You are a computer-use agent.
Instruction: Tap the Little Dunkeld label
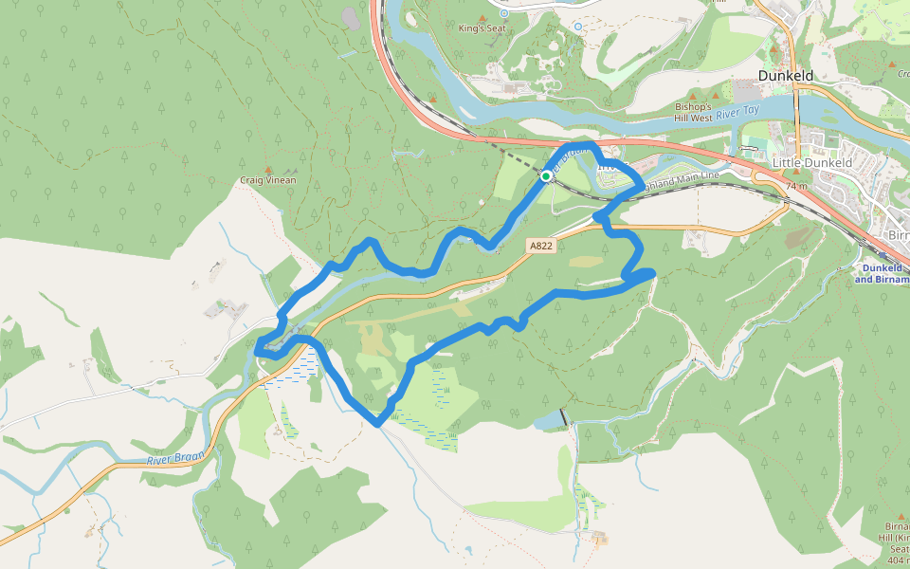pyautogui.click(x=812, y=163)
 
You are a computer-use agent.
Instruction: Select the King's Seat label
pyautogui.click(x=482, y=29)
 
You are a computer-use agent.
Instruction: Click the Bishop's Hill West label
pyautogui.click(x=694, y=112)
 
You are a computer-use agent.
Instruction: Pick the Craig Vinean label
pyautogui.click(x=267, y=180)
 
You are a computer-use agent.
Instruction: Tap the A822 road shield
pyautogui.click(x=540, y=246)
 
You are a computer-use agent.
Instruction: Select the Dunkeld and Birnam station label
pyautogui.click(x=881, y=274)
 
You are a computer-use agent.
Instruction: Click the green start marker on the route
pyautogui.click(x=547, y=176)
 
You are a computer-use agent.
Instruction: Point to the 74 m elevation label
pyautogui.click(x=794, y=187)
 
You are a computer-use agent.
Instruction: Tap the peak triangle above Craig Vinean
pyautogui.click(x=267, y=168)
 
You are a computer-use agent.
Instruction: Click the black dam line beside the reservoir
pyautogui.click(x=566, y=416)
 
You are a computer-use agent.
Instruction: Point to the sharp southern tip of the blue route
pyautogui.click(x=378, y=424)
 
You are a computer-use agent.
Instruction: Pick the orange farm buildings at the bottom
pyautogui.click(x=599, y=538)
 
